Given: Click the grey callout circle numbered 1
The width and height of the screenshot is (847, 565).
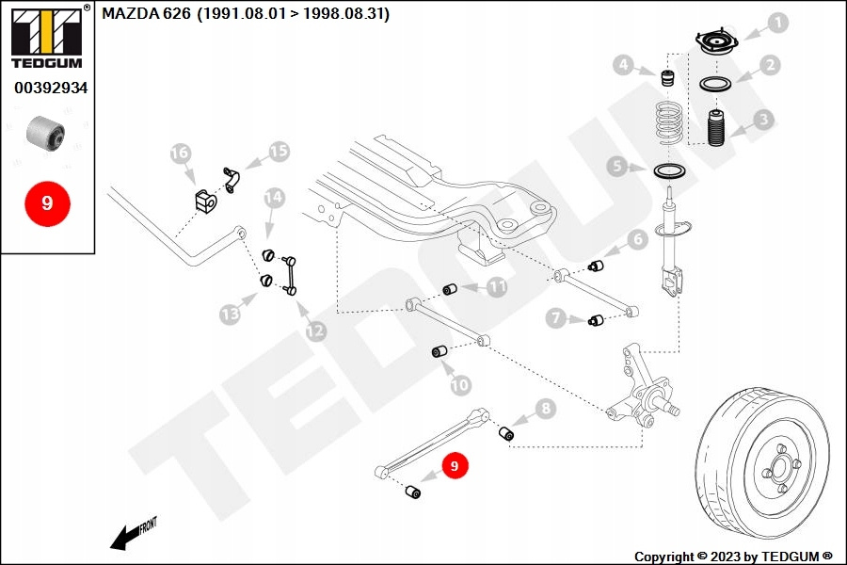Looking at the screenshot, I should pos(777,23).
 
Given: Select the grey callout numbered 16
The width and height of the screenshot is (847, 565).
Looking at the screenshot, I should pos(180,153).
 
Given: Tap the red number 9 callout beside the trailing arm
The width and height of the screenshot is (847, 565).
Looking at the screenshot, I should pos(455,465).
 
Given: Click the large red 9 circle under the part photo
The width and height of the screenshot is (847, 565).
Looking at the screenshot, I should pos(47,202).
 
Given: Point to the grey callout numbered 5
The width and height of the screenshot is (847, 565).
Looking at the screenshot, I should pos(616,168).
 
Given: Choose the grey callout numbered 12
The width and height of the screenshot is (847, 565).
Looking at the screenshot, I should pos(315,331).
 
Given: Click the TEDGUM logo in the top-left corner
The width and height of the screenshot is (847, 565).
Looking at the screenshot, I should pos(46,38).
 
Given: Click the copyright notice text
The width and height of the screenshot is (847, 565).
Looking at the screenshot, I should pos(733,556).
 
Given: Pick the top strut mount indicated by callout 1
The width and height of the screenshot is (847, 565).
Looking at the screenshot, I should pos(717,43).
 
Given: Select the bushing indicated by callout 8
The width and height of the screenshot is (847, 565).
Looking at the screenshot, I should pos(505,433).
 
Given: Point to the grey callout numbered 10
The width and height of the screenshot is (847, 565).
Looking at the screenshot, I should pos(459,384).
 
